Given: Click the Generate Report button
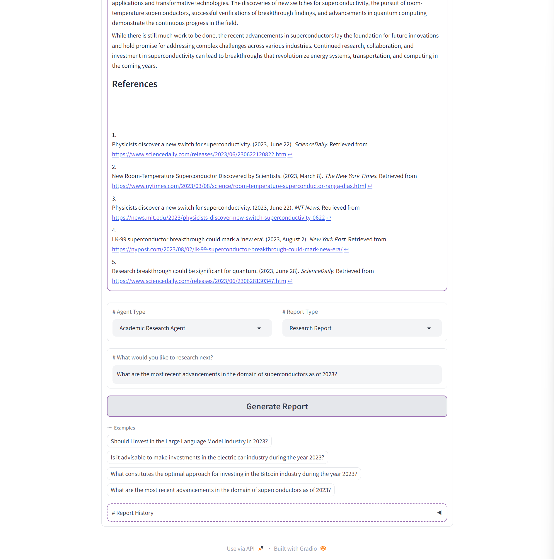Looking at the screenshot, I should click(x=277, y=406).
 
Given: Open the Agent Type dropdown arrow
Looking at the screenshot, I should click(x=259, y=328).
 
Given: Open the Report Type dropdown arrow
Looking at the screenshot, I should click(x=429, y=328).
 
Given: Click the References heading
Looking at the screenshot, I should click(x=134, y=84).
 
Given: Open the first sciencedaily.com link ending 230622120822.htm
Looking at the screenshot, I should click(x=199, y=155).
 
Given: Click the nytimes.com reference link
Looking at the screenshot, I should click(x=239, y=186).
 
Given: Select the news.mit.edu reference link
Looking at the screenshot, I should click(x=218, y=218).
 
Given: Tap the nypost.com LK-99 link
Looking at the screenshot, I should click(x=227, y=250).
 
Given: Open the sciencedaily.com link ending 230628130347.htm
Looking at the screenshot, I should click(x=199, y=281).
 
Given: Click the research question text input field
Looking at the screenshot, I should click(x=277, y=374).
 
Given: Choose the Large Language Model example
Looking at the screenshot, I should click(x=189, y=442).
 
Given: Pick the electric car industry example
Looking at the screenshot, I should click(x=217, y=458).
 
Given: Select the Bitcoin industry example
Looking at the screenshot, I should click(x=234, y=474).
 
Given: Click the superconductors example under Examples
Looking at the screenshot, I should click(x=221, y=490).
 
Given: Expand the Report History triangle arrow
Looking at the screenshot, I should click(x=439, y=513).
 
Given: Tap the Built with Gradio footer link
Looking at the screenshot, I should click(x=295, y=549).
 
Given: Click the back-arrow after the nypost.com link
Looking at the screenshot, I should click(x=346, y=250).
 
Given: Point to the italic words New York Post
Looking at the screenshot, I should click(x=327, y=240).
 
